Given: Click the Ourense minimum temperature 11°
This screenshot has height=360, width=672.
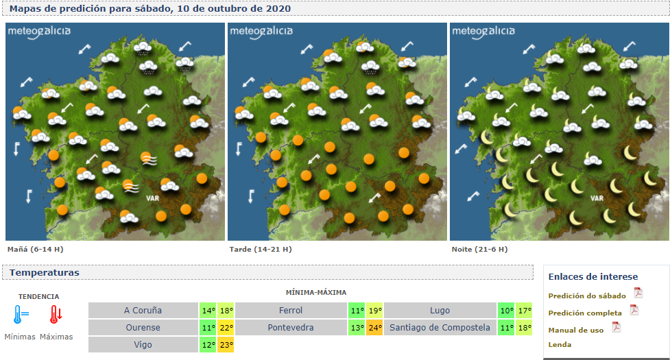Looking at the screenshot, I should [208, 328].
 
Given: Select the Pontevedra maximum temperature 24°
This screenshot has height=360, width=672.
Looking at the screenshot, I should [374, 328].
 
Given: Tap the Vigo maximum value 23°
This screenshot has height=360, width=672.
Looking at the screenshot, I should [226, 345].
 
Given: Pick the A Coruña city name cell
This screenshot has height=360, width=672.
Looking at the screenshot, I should [143, 311].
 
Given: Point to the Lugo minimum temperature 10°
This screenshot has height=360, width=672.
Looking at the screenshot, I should [507, 311].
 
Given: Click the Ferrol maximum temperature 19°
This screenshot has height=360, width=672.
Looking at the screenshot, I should [374, 311].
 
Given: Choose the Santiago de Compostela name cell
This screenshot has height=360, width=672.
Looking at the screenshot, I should [440, 328].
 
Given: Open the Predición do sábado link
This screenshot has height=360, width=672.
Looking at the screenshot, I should [587, 296].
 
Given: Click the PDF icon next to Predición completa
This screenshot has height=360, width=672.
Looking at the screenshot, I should [634, 310].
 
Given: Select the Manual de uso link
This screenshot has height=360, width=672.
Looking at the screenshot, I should [576, 330].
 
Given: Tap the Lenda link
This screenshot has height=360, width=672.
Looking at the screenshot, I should [560, 344].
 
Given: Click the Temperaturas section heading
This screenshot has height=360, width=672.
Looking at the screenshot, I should [45, 273].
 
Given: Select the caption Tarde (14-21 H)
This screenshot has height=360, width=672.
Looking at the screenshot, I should [260, 249].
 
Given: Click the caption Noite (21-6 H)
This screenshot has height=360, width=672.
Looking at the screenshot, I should [479, 249].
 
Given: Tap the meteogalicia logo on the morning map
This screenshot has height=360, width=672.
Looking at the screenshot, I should [39, 32].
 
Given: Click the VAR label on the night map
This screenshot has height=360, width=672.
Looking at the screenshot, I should [597, 198].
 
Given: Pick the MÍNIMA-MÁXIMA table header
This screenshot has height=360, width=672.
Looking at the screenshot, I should [316, 293].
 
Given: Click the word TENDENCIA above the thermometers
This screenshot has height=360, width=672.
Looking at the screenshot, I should [38, 297].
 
